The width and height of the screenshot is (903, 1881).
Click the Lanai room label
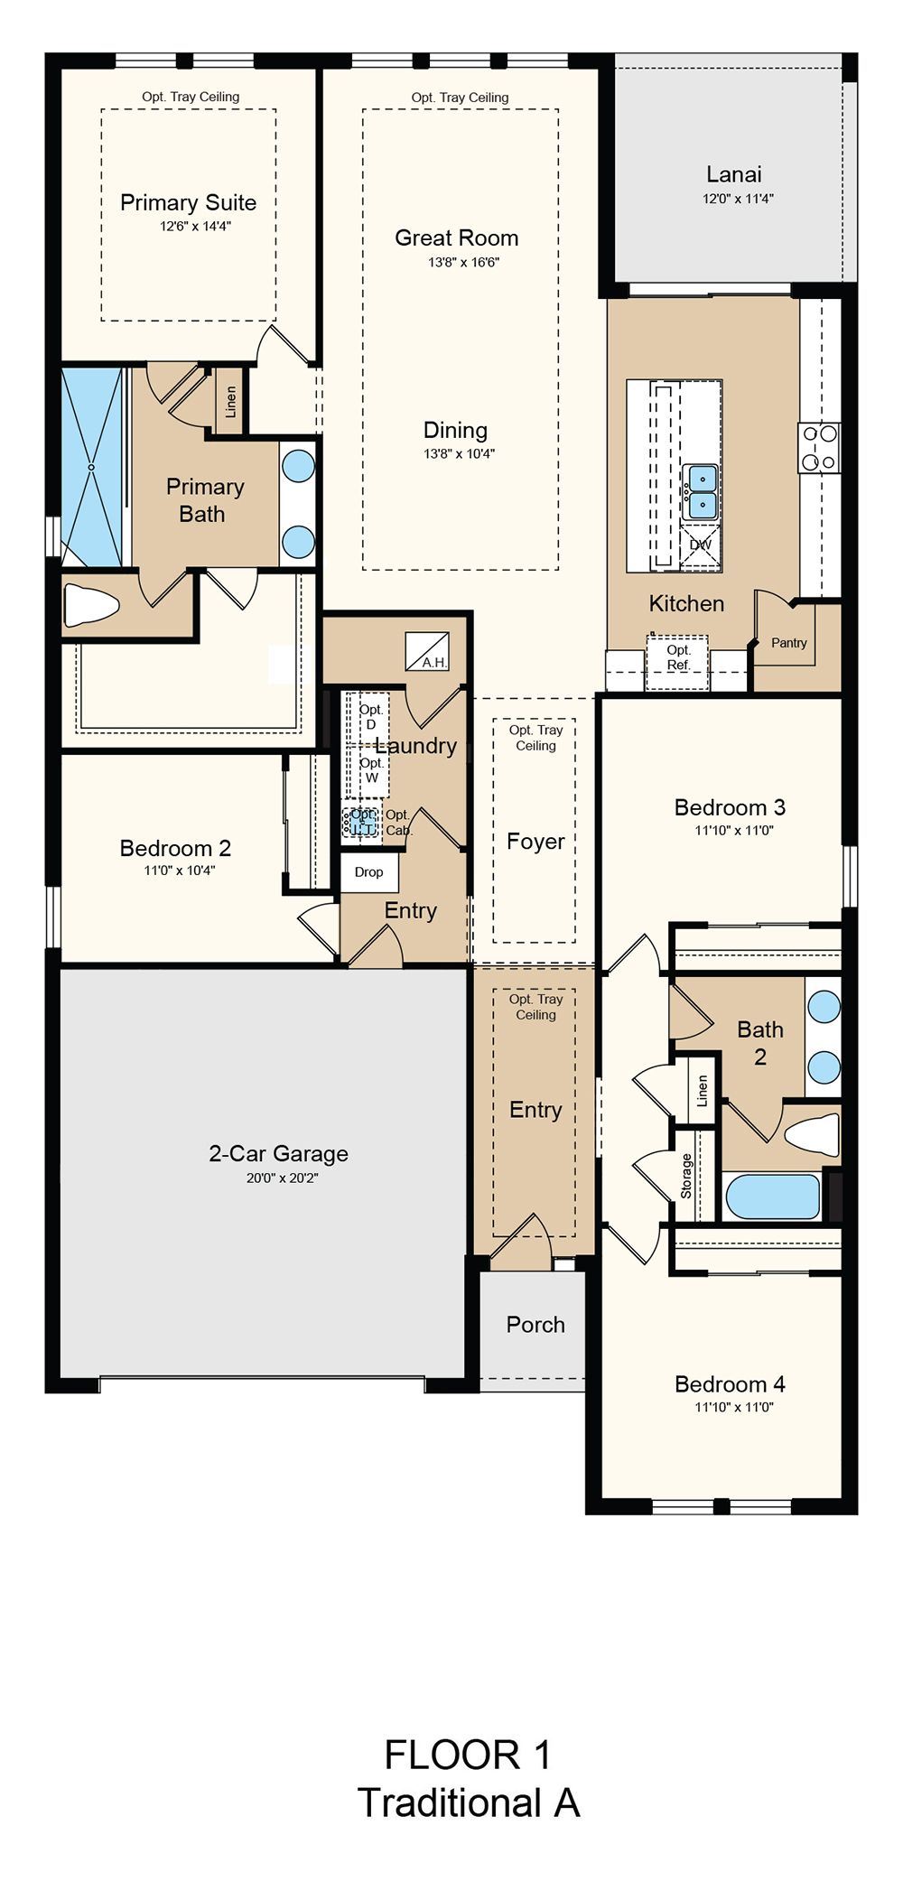(734, 174)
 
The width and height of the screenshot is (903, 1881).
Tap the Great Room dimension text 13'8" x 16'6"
(463, 263)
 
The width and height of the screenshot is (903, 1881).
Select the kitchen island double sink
(701, 491)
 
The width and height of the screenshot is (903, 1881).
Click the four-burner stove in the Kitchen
(820, 448)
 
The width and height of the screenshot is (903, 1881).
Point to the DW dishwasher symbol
(701, 545)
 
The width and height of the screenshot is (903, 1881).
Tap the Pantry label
(789, 643)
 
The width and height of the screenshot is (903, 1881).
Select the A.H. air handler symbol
(427, 650)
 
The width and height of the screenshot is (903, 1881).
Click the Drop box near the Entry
(368, 872)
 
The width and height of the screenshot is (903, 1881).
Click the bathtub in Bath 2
(773, 1196)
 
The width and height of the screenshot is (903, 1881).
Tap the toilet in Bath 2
(812, 1132)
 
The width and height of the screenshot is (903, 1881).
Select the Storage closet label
(686, 1176)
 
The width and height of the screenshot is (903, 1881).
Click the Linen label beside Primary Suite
(230, 403)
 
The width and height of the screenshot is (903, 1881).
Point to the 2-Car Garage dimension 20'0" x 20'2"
(283, 1178)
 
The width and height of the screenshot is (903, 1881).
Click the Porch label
(535, 1325)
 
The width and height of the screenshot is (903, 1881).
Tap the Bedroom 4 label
(730, 1383)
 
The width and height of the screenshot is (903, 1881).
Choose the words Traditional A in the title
(469, 1802)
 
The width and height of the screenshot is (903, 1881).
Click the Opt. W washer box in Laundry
(369, 770)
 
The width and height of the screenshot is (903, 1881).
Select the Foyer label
(535, 842)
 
